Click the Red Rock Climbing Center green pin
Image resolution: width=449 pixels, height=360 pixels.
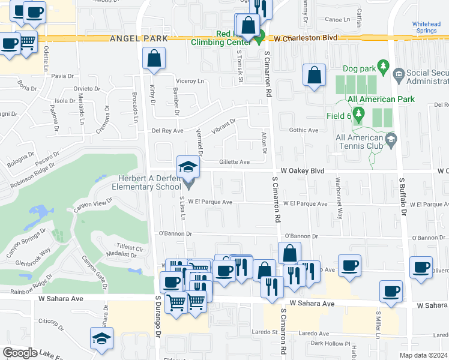point(259,40)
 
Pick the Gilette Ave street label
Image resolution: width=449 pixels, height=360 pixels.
point(234,162)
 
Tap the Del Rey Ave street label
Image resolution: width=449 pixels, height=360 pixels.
point(167,130)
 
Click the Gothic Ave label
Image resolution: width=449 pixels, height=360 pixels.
point(304,130)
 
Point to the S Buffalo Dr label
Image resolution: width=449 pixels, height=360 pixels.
point(403,197)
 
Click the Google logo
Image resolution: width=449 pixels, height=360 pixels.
point(19,353)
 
